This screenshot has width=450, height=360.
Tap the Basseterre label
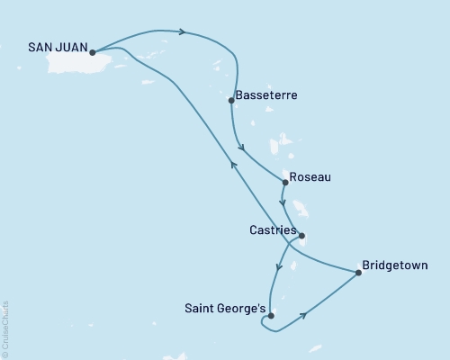(266, 94)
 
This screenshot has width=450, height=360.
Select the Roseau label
(311, 177)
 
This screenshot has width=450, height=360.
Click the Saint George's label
(226, 310)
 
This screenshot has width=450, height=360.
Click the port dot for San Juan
(93, 52)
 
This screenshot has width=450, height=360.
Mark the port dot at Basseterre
(232, 100)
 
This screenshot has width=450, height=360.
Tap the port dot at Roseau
(285, 183)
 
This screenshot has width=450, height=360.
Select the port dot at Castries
(301, 237)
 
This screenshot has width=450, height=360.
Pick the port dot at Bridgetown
(358, 273)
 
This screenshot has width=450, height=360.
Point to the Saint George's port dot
(271, 316)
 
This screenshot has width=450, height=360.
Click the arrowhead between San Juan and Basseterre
(183, 32)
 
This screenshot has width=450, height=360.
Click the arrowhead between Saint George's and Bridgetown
(307, 315)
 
